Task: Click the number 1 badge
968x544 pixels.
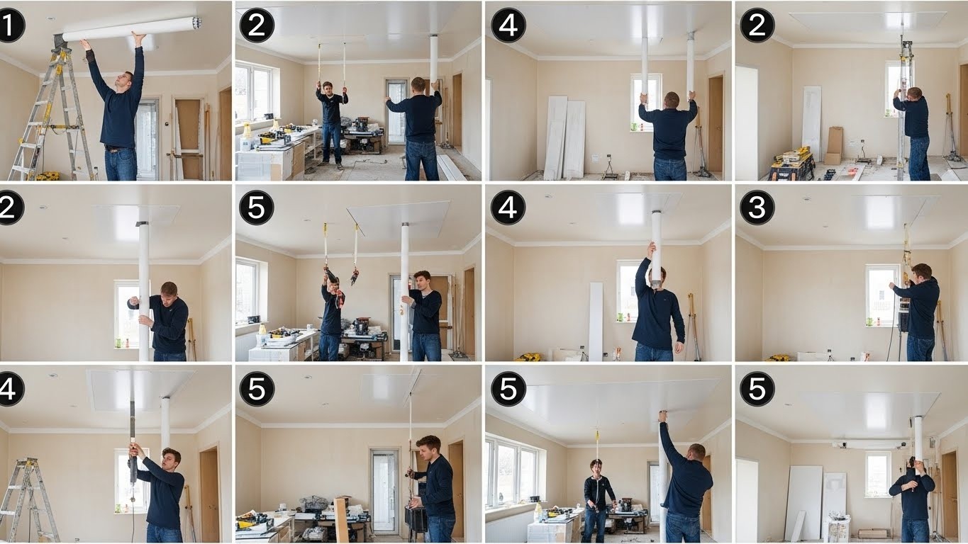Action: (11, 25)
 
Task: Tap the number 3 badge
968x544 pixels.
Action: (757, 208)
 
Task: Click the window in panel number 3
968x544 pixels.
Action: (882, 295)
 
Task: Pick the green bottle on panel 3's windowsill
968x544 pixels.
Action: (869, 322)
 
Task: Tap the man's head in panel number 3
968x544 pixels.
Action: (921, 273)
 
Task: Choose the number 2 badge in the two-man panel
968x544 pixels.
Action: (257, 25)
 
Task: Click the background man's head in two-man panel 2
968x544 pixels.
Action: (328, 88)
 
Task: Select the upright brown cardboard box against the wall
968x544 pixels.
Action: (834, 145)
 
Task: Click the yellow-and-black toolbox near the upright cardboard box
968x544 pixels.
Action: (791, 164)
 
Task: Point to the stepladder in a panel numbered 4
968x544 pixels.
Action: (29, 499)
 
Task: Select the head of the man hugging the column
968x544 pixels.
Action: (169, 291)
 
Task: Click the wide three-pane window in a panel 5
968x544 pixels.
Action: (513, 472)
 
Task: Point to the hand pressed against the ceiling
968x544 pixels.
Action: (662, 416)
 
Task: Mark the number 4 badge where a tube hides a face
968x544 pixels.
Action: (508, 208)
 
